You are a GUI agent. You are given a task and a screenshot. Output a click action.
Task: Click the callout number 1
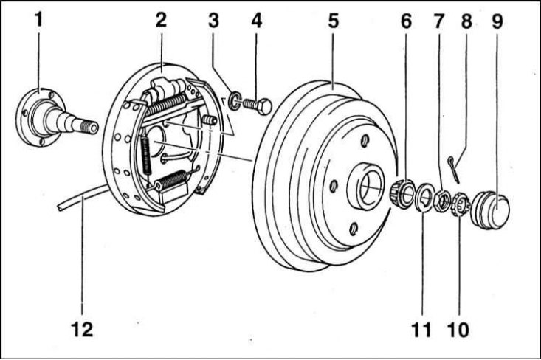(x=38, y=19)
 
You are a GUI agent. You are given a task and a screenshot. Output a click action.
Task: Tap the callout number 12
(x=82, y=329)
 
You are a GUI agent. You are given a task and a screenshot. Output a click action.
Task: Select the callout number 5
(x=334, y=21)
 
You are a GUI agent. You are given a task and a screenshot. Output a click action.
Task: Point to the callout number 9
(x=497, y=21)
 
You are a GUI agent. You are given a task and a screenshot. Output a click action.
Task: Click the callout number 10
(x=458, y=330)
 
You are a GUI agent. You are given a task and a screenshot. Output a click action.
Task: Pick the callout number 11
(x=421, y=330)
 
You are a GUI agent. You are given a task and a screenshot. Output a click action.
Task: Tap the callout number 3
(x=213, y=21)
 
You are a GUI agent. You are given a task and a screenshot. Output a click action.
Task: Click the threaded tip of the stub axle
(x=90, y=127)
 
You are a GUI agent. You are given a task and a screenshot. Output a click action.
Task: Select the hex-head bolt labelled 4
(x=258, y=105)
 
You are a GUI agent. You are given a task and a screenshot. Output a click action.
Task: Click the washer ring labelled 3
(x=235, y=100)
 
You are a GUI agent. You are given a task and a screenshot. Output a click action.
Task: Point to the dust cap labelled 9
(x=490, y=210)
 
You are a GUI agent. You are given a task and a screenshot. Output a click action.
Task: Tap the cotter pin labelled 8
(x=454, y=170)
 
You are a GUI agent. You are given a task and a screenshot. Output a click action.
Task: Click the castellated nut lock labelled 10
(x=461, y=204)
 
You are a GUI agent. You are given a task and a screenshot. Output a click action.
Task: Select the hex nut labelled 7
(x=441, y=201)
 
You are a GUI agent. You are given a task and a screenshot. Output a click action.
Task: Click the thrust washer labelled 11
(x=424, y=197)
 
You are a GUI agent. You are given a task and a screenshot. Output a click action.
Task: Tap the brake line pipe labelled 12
(x=83, y=198)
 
